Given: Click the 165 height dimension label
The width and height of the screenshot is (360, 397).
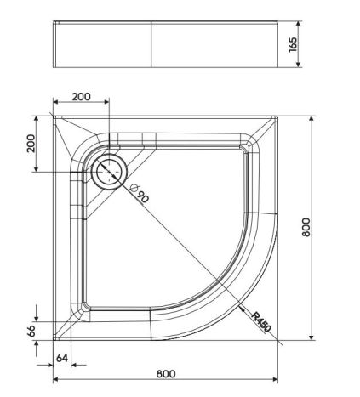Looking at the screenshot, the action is [293, 44].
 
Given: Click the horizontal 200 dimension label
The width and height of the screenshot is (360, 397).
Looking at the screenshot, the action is [81, 97].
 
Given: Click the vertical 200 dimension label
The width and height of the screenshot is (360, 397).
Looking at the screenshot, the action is [31, 144].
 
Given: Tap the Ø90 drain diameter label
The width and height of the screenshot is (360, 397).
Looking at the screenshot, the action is [140, 193].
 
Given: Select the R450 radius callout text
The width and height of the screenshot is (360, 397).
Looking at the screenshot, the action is [261, 322].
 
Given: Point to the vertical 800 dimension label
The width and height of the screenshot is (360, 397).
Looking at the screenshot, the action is [306, 227].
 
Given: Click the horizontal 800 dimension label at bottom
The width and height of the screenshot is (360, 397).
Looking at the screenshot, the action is [166, 374].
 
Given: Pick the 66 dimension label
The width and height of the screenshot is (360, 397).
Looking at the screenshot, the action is [31, 331].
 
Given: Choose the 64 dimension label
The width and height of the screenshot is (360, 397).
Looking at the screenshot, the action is [62, 358].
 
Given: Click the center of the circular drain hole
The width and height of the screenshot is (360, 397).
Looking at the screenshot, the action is [109, 172].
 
